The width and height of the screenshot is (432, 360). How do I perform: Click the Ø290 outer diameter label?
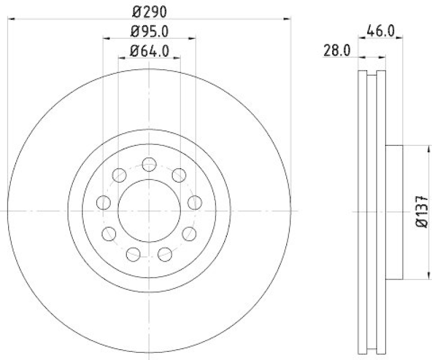coord(150,10)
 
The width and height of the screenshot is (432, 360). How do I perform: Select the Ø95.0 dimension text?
coord(150,31)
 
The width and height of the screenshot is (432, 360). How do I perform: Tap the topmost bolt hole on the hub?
coord(149,164)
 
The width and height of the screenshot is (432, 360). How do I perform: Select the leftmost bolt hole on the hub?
coord(103,203)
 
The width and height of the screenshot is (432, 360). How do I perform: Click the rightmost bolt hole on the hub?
coord(194,203)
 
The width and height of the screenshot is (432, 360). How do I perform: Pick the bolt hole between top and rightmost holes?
coord(179,175)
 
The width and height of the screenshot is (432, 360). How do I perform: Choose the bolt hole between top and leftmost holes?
coord(119,175)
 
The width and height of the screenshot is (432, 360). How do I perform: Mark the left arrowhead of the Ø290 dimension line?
coord(10,19)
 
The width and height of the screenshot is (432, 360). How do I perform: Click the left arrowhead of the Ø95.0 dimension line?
coord(106,38)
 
